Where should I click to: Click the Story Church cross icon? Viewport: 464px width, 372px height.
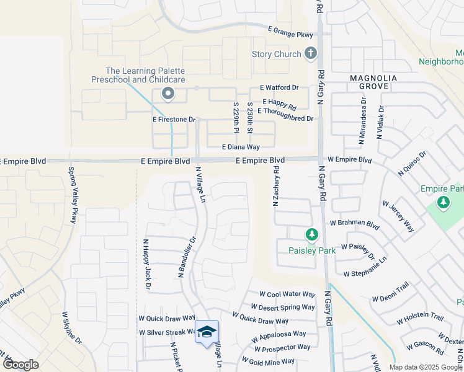click(x=311, y=54)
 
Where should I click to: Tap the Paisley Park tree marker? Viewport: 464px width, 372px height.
click(x=311, y=235)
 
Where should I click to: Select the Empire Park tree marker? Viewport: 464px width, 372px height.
click(x=444, y=202)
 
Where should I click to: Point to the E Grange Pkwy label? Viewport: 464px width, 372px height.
click(x=290, y=31)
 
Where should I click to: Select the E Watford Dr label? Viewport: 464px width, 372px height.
click(x=279, y=89)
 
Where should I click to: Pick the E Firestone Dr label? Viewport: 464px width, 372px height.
click(x=174, y=119)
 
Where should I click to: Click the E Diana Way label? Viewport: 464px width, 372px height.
click(x=241, y=147)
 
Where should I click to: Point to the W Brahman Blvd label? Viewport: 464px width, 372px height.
click(x=354, y=223)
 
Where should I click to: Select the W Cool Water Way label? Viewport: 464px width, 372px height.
click(x=288, y=294)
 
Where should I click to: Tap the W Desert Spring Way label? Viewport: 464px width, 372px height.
click(x=283, y=307)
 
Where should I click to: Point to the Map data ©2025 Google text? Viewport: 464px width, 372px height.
click(x=426, y=367)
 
